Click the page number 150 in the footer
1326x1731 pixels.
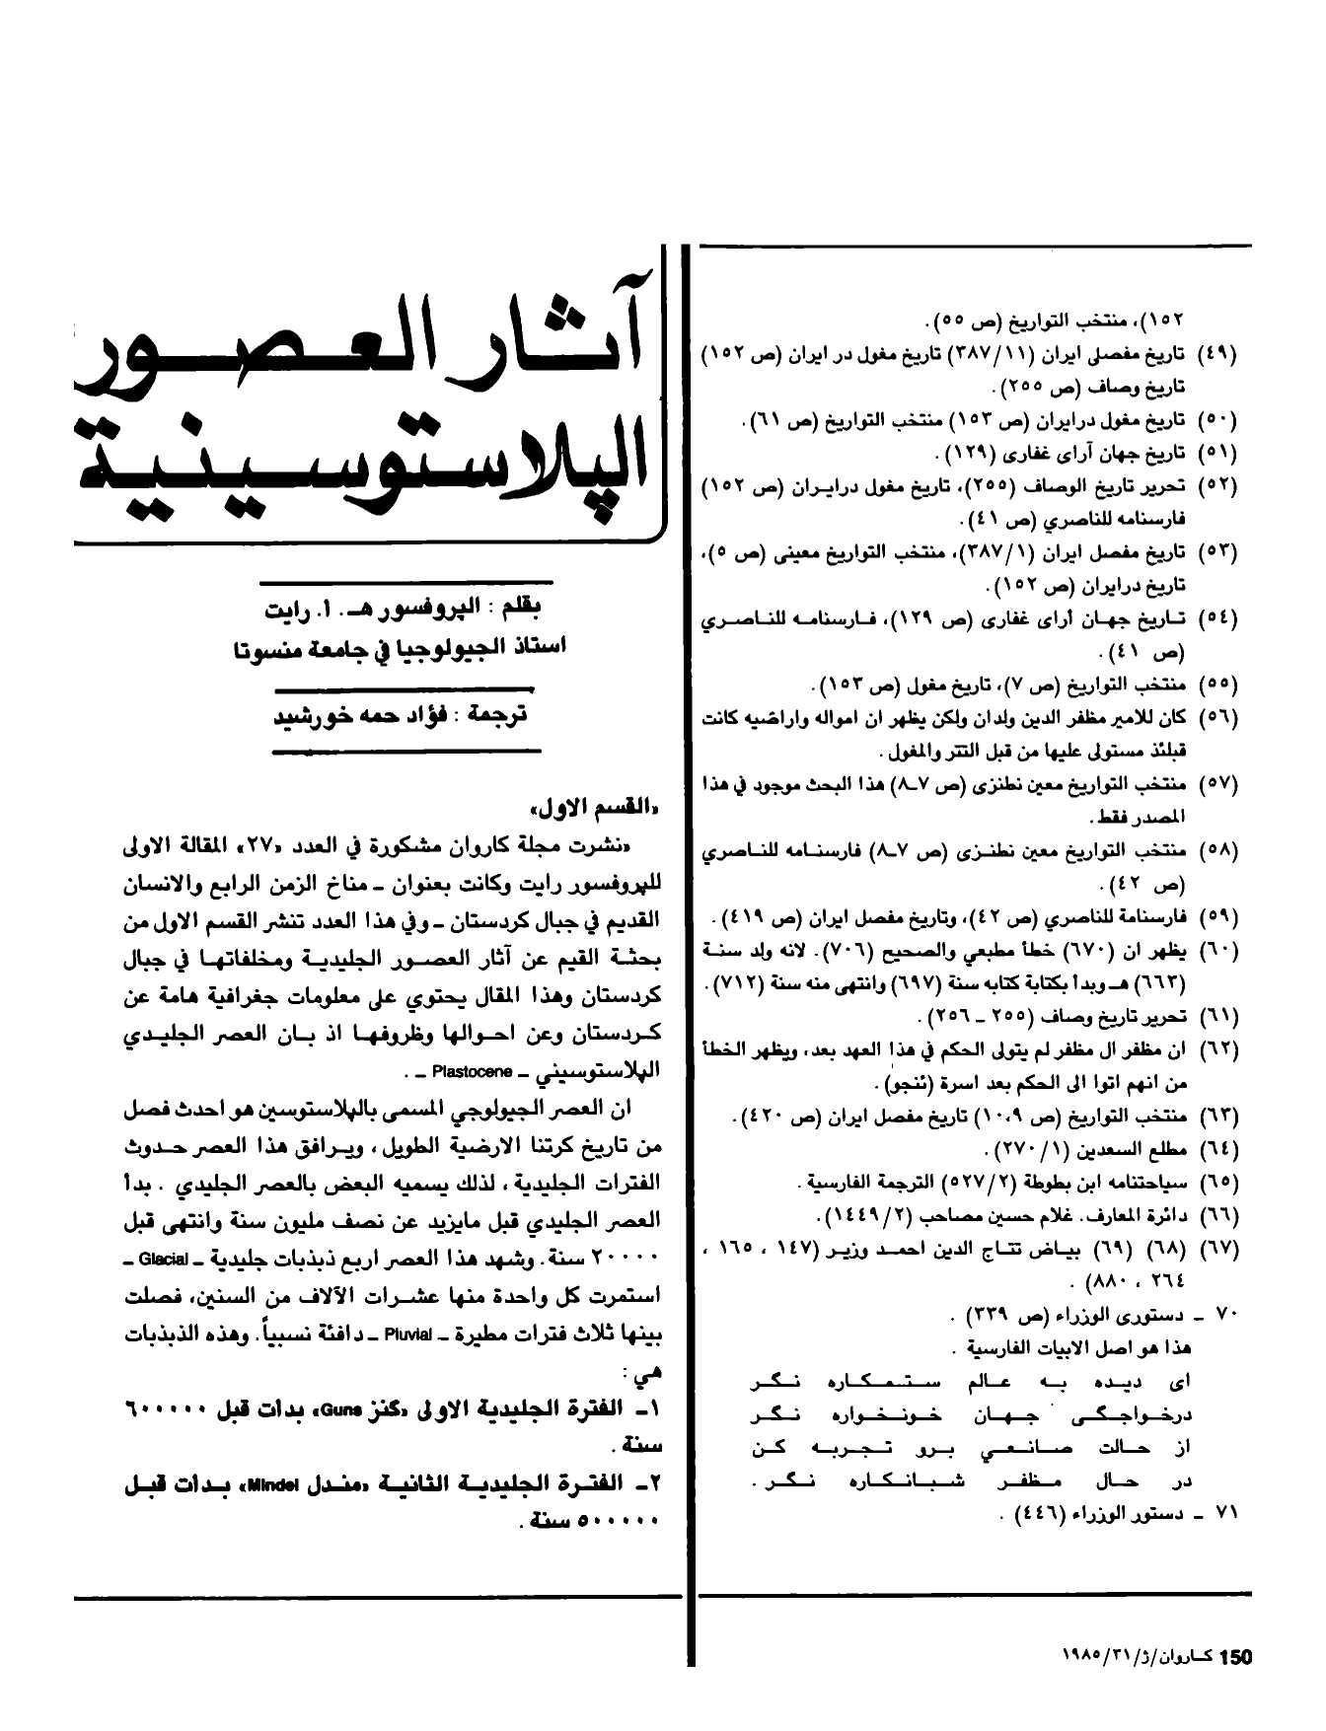coord(1235,1657)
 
